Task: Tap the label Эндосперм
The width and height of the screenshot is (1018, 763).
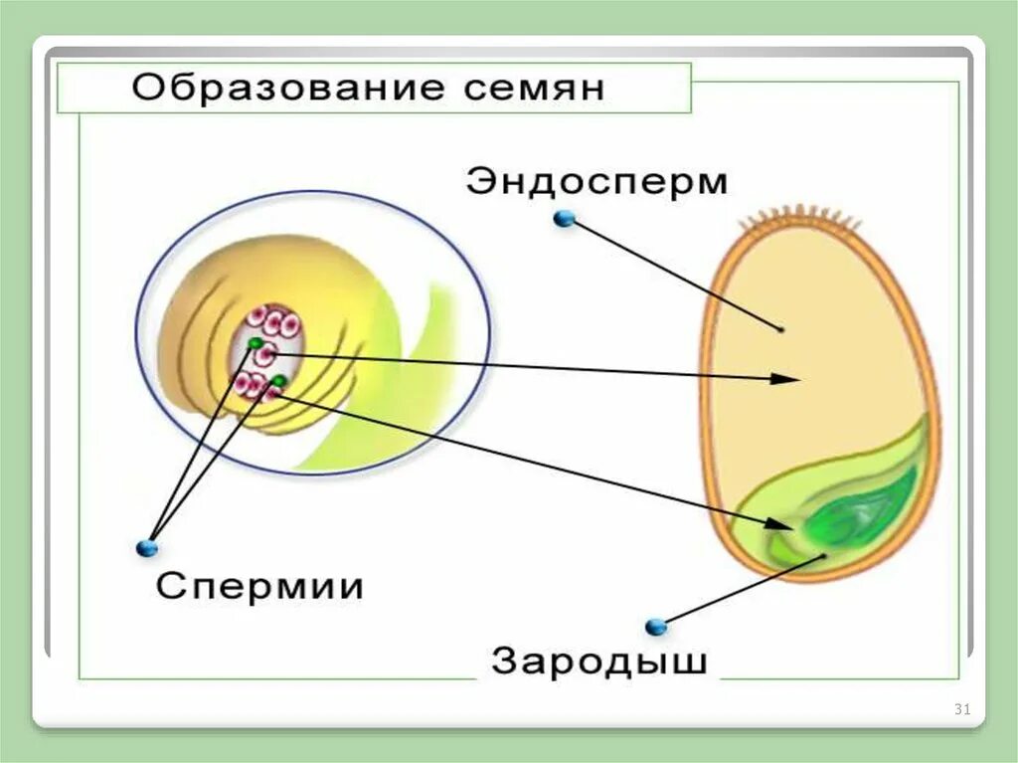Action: click(596, 183)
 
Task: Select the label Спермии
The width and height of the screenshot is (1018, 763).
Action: click(259, 586)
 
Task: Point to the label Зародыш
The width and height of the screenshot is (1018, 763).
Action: click(598, 662)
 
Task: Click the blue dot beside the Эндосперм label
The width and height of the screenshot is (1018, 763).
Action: click(565, 219)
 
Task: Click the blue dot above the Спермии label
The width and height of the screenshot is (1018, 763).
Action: click(147, 547)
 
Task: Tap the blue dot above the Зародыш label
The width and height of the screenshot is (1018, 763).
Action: click(654, 627)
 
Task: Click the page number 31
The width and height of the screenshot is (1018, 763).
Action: click(961, 709)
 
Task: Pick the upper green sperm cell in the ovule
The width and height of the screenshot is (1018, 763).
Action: click(256, 344)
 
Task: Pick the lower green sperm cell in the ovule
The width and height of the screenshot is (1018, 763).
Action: click(278, 381)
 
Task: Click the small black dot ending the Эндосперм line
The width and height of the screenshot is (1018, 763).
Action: click(781, 328)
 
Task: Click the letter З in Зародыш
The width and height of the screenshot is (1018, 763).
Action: click(505, 662)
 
